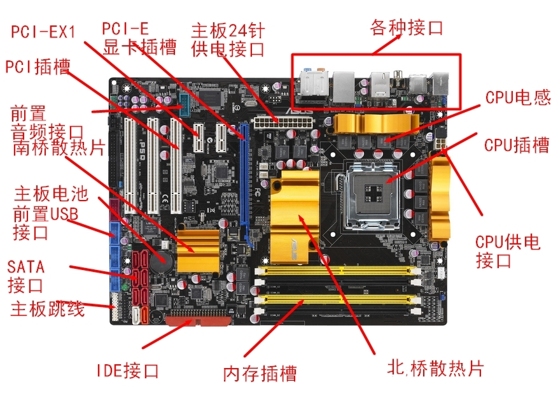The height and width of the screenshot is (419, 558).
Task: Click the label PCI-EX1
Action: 44,31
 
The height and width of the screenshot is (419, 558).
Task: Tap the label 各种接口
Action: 407,28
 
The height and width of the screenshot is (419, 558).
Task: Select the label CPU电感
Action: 517,97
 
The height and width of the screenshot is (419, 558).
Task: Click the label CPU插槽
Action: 516,145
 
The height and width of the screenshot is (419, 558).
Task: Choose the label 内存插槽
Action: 260,373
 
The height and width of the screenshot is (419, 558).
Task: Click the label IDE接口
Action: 127,371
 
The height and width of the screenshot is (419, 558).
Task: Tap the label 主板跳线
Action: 48,309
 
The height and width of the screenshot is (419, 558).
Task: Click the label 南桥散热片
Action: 58,148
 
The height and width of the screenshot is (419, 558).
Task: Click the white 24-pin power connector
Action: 275,120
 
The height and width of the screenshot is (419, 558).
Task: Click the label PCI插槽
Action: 38,66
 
